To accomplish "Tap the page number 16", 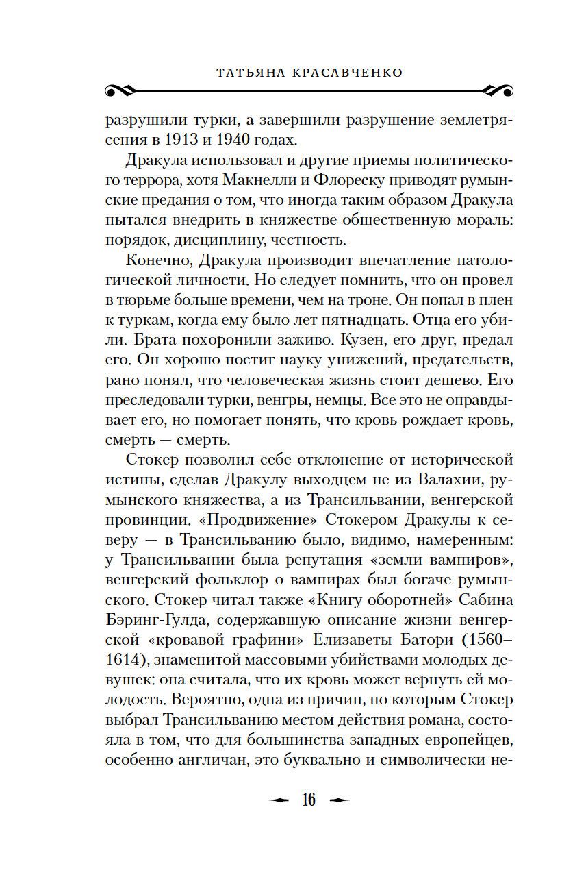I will (x=309, y=800).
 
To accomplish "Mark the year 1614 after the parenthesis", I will (x=124, y=661).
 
